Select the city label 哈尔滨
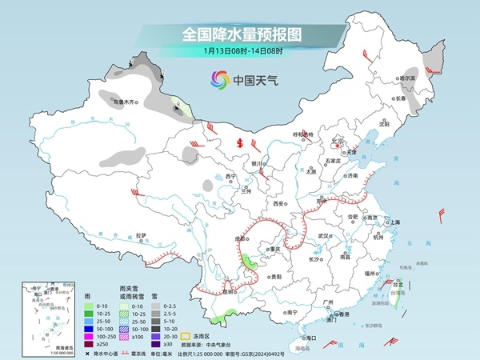[408, 78]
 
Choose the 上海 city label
[394, 222]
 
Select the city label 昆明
[230, 291]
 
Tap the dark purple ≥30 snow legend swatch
[158, 336]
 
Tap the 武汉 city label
[322, 236]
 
